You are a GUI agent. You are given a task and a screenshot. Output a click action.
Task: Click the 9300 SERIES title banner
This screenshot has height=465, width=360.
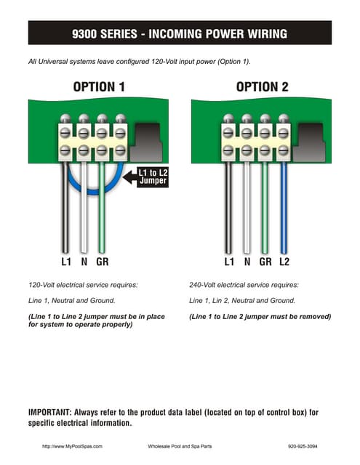point(180,33)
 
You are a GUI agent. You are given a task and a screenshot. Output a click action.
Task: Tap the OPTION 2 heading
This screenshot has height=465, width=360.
point(262,87)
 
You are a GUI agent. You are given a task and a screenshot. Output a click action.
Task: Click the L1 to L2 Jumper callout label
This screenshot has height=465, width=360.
point(153,177)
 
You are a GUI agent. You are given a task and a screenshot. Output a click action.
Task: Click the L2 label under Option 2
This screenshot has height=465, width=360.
point(284,260)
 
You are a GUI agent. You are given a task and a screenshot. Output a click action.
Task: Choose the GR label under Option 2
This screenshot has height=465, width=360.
point(265,260)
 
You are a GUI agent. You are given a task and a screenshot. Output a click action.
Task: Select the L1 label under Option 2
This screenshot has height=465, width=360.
point(229,260)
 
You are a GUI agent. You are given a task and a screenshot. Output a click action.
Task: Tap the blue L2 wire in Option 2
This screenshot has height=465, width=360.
point(284,211)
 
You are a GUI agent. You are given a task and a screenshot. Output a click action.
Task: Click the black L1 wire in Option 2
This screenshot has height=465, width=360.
point(229,211)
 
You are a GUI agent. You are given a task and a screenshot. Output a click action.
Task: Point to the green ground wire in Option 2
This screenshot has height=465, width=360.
point(265,211)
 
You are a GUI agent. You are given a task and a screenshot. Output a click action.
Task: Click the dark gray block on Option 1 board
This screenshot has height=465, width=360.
point(151,141)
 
